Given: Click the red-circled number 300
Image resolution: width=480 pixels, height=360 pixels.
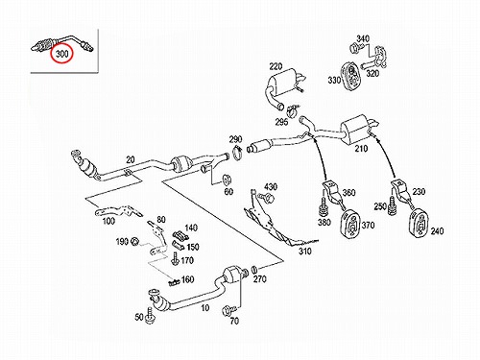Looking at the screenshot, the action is (x=62, y=54).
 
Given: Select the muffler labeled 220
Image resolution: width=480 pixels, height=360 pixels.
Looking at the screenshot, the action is (x=284, y=87).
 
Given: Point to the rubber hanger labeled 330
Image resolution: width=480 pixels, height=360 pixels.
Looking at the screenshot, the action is (x=350, y=77).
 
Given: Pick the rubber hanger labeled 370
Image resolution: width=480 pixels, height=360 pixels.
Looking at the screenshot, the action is (x=350, y=224).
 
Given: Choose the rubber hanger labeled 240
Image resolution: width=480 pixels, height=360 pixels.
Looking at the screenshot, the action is (x=420, y=223).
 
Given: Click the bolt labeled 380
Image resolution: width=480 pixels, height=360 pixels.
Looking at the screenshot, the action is (x=324, y=207).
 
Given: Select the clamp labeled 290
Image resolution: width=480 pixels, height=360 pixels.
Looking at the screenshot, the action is (x=237, y=153).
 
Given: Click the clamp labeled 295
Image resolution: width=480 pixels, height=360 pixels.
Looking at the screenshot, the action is (x=293, y=110).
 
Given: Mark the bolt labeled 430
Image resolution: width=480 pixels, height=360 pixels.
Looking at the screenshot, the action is (x=267, y=198).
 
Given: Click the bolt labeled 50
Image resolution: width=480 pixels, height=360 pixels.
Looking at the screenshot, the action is (x=150, y=315).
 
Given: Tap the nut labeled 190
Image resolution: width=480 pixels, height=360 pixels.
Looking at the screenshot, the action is (x=135, y=241).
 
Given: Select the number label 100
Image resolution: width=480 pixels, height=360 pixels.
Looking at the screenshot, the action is (x=108, y=221).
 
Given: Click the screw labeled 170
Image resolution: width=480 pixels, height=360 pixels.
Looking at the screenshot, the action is (x=175, y=259).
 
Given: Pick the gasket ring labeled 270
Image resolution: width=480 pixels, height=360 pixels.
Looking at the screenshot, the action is (x=254, y=269).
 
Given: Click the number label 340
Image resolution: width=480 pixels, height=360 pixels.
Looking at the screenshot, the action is (x=363, y=38).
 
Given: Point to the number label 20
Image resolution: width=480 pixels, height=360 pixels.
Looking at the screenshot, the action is (x=131, y=159).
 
